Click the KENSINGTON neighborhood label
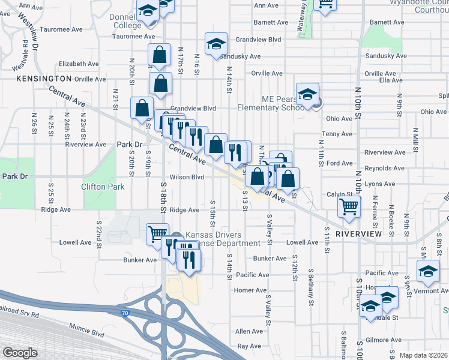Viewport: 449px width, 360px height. tap(44, 79)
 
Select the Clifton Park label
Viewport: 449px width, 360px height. tap(103, 187)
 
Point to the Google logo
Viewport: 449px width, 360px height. tap(19, 353)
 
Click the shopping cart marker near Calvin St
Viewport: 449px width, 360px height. tap(349, 206)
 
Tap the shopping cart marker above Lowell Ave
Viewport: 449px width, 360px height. tap(158, 233)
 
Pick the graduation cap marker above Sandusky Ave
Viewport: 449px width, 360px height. tap(215, 43)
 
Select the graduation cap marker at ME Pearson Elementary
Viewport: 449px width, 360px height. tap(307, 94)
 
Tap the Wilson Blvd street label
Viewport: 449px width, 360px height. tap(187, 178)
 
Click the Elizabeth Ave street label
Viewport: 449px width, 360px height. tap(78, 64)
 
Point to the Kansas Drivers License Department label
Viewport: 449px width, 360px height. tap(223, 239)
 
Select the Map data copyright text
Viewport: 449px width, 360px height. tap(424, 355)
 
